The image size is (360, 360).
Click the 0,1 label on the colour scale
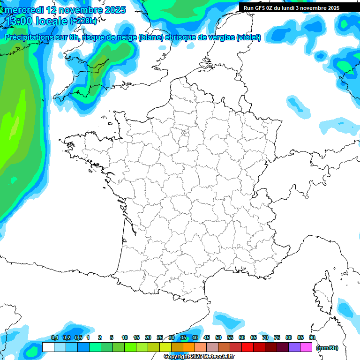click(x=54, y=338)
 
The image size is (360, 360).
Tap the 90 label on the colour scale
click(x=312, y=338)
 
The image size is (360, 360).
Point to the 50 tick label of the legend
click(x=218, y=338)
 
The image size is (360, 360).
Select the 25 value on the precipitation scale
click(x=160, y=338)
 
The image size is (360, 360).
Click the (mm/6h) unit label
click(x=327, y=348)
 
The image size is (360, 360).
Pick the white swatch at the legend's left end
click(x=48, y=347)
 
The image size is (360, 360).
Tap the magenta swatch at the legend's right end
click(x=306, y=347)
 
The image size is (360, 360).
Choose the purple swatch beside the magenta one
click(x=294, y=347)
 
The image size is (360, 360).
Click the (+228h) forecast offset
click(x=83, y=21)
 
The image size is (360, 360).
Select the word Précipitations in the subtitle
click(x=28, y=37)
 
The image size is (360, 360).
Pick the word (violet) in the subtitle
click(x=249, y=37)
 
